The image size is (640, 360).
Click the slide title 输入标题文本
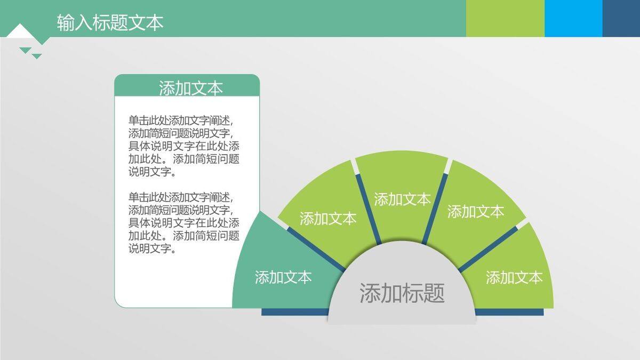(110, 22)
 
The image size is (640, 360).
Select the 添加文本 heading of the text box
(190, 88)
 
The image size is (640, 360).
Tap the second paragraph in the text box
(183, 222)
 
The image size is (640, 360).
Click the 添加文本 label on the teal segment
(283, 277)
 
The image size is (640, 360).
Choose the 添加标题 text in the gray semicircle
(402, 293)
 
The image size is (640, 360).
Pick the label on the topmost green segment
(402, 199)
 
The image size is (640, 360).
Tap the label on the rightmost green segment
(514, 277)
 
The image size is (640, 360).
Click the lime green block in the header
(505, 18)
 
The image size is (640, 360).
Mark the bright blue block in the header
(573, 18)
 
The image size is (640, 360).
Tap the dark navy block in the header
(621, 18)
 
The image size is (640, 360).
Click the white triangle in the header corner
(20, 31)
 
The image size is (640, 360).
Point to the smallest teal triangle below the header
(37, 56)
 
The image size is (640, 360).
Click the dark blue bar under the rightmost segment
(509, 312)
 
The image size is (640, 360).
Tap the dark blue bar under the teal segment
(294, 312)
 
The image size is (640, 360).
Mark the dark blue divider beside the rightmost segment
(488, 249)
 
